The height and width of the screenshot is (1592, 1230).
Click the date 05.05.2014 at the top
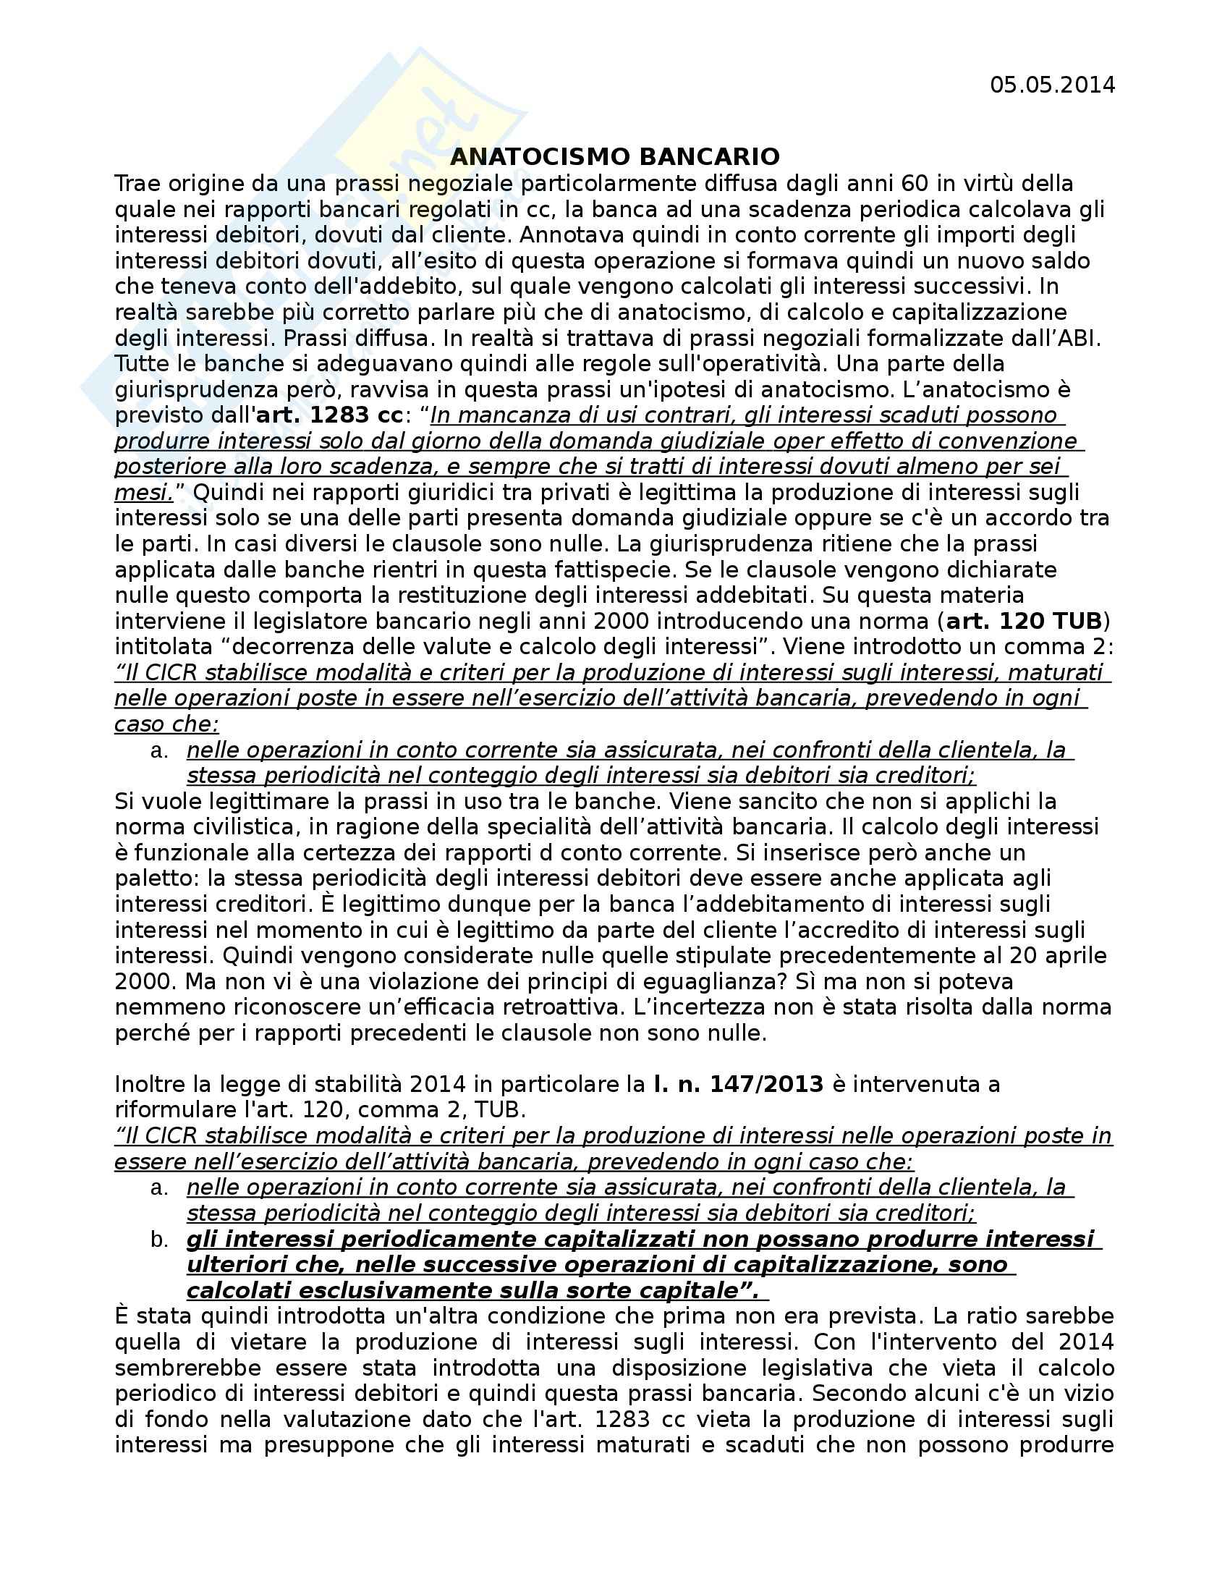(1051, 85)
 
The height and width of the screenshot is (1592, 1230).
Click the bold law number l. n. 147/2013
(738, 1084)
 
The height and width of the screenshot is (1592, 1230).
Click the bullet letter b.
(160, 1239)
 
